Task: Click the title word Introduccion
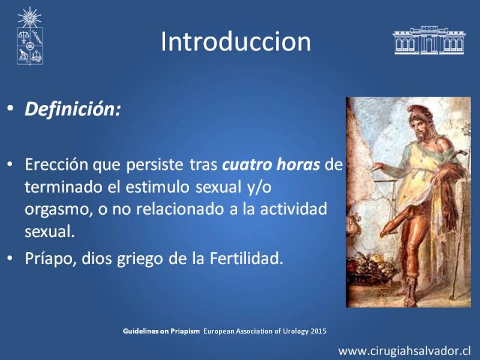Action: (x=236, y=41)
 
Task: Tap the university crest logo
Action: (x=29, y=36)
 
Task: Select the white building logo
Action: (x=429, y=40)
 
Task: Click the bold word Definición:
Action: (x=73, y=109)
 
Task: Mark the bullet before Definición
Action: (x=11, y=109)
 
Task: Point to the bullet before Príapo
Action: (x=11, y=259)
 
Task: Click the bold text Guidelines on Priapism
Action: (x=161, y=331)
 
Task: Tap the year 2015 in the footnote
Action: (x=319, y=331)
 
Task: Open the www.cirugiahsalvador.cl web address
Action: (x=404, y=350)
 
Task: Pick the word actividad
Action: (x=293, y=209)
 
